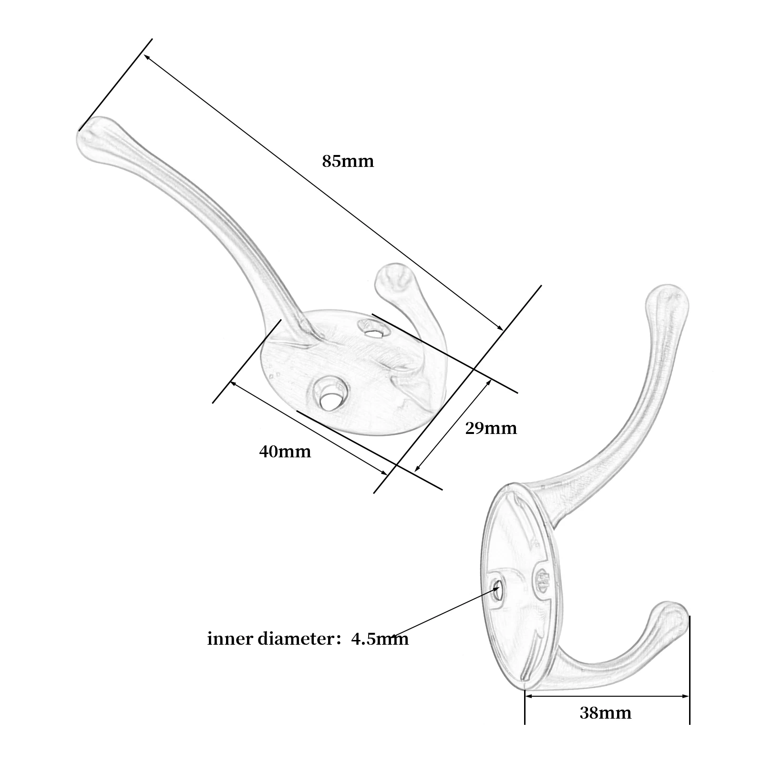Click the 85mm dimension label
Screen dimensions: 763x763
(x=348, y=161)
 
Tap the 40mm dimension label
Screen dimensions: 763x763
(x=285, y=451)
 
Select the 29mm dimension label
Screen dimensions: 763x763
(x=491, y=428)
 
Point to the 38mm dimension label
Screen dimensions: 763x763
(x=605, y=713)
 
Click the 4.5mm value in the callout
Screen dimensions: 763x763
(x=380, y=639)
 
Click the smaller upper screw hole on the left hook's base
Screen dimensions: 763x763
(x=372, y=330)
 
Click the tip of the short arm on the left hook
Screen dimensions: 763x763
(x=392, y=278)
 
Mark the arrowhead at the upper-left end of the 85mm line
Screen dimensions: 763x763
(x=146, y=57)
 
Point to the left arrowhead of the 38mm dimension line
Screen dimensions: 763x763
(x=527, y=697)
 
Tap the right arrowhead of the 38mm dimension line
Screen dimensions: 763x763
(x=687, y=697)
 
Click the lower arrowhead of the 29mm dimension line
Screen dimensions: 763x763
(x=417, y=469)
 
